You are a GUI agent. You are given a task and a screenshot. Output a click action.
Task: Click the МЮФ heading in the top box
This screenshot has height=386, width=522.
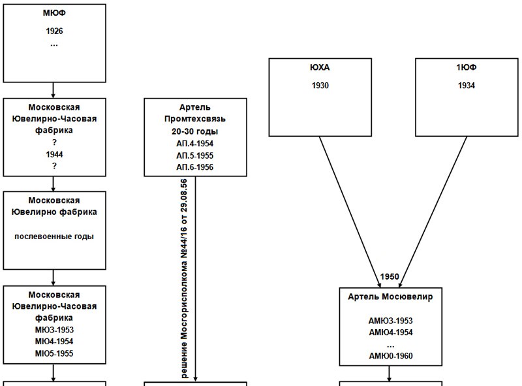(54, 12)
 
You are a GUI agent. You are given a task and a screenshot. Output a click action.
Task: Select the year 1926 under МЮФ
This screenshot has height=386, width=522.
(54, 31)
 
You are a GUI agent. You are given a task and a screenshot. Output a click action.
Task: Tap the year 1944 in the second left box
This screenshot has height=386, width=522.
(54, 154)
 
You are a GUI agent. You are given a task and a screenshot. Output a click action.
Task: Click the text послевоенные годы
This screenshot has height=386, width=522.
(54, 236)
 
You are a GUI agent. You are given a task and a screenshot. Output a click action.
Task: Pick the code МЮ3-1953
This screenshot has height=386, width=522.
(54, 330)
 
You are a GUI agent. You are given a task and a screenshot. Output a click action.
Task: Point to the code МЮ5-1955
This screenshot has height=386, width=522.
(54, 353)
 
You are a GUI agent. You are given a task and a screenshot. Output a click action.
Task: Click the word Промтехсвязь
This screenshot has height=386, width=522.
(195, 119)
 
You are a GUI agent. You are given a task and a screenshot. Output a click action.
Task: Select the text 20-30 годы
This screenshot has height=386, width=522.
(195, 131)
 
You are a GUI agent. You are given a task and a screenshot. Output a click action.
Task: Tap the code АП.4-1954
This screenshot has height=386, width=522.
(195, 144)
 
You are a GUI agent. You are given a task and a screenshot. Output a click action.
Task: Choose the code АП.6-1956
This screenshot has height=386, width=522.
(195, 167)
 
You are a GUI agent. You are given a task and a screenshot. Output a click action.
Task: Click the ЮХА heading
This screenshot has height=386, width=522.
(320, 67)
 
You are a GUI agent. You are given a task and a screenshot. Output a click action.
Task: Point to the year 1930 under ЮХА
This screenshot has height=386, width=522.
(320, 86)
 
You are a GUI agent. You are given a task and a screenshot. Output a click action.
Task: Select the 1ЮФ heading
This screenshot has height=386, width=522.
(467, 67)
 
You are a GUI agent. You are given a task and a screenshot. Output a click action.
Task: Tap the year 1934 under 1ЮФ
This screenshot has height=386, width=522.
(467, 86)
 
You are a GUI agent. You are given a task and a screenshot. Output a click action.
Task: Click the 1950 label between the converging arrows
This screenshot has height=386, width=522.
(390, 277)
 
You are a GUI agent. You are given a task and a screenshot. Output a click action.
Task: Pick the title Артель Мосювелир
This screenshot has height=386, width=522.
(390, 297)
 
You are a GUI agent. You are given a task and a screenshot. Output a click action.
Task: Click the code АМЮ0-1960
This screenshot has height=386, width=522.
(391, 356)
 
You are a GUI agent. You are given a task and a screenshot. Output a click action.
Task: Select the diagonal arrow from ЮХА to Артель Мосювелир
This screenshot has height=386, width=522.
(350, 212)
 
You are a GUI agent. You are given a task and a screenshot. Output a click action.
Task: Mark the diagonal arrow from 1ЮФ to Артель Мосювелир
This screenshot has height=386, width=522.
(433, 212)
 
